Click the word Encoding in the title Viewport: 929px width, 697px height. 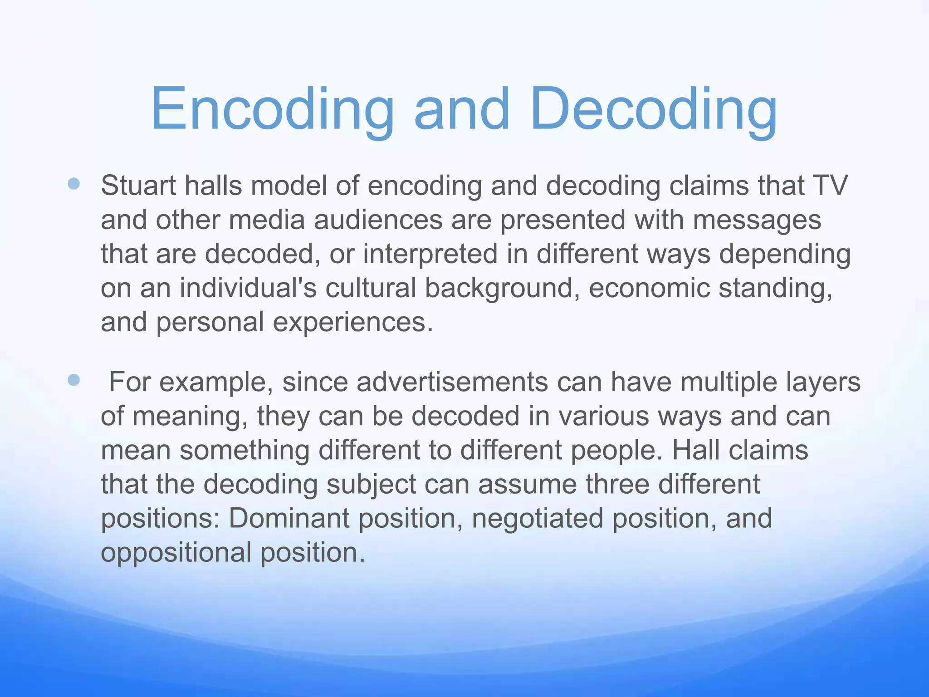point(272,110)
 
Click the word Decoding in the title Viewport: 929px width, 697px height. point(653,110)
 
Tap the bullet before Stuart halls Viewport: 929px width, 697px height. point(73,184)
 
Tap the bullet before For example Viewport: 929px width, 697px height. point(73,380)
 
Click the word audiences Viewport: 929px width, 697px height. point(378,220)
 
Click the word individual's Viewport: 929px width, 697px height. point(248,288)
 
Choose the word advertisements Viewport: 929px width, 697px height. point(452,382)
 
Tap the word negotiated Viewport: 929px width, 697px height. point(538,519)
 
